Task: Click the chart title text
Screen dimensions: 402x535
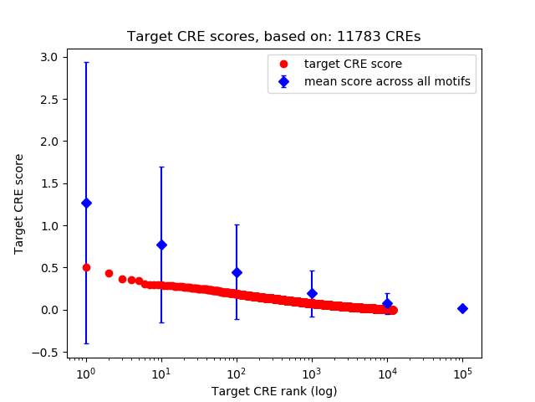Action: tap(274, 37)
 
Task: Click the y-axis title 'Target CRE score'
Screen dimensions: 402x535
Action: tap(18, 204)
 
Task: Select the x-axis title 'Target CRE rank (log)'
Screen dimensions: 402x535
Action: tap(274, 391)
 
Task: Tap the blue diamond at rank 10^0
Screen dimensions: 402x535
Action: tap(86, 203)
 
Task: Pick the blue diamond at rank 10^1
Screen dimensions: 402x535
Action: tap(161, 245)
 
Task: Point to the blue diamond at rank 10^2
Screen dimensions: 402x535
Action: tap(237, 272)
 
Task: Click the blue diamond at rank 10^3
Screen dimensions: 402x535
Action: tap(312, 293)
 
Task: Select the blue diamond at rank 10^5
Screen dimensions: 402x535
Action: tap(462, 308)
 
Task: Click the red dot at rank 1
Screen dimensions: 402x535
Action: tap(86, 267)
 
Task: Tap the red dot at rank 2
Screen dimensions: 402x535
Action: tap(109, 273)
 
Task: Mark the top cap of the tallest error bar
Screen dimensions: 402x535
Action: tap(86, 62)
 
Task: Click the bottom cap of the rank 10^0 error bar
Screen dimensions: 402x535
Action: tap(86, 343)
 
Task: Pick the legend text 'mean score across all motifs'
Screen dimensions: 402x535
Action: tap(386, 81)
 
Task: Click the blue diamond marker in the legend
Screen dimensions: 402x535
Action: tap(285, 81)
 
